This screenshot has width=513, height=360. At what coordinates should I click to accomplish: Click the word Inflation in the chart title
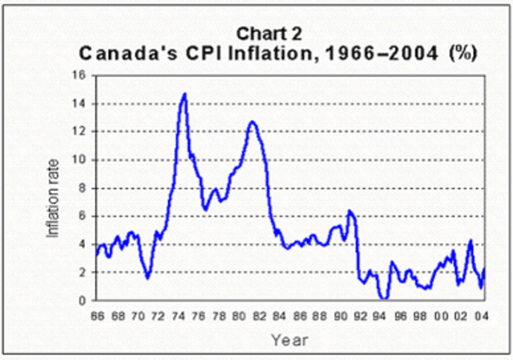click(304, 54)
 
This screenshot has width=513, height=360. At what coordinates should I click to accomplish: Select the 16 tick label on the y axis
click(79, 75)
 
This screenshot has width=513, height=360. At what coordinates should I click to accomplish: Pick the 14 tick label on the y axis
click(79, 103)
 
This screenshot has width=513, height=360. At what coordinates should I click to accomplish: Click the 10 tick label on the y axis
click(79, 160)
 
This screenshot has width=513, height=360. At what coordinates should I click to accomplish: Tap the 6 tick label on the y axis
click(82, 216)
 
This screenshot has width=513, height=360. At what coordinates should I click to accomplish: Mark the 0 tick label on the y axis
click(82, 301)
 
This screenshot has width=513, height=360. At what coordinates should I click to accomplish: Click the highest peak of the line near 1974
click(185, 94)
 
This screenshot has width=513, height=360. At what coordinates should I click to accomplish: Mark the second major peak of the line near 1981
click(252, 122)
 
